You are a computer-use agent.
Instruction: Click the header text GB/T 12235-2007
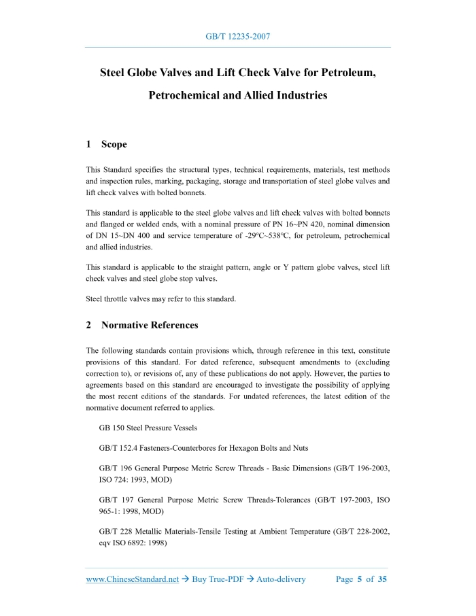tap(237, 36)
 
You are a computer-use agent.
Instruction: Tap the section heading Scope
tap(114, 144)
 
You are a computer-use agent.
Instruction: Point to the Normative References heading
tap(150, 325)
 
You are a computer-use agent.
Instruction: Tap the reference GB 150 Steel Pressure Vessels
tap(148, 428)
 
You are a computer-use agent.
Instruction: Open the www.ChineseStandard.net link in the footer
tap(132, 579)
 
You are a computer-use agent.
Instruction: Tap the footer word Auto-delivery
tap(281, 579)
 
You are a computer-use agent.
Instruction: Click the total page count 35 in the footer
tap(382, 579)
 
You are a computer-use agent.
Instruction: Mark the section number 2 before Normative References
tap(89, 325)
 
